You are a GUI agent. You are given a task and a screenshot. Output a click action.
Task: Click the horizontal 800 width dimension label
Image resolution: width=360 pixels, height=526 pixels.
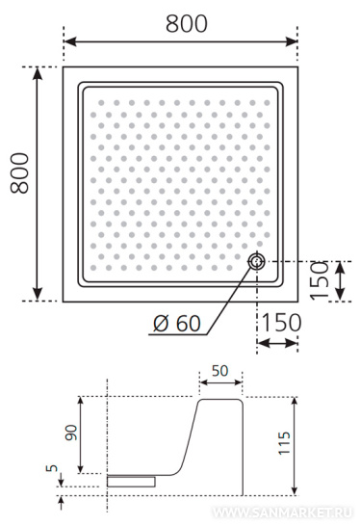(187, 24)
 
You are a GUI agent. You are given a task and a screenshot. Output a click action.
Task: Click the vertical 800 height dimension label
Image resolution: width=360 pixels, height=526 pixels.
(19, 173)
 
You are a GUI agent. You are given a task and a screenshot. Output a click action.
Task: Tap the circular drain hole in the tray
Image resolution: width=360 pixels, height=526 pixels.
(257, 261)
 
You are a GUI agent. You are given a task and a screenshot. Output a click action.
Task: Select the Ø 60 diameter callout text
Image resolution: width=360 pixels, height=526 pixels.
(177, 324)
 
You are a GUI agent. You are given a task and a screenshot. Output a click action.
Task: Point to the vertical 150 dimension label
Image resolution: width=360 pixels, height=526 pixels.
(320, 280)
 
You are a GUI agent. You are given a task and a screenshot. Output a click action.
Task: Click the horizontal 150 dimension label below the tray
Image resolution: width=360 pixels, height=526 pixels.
(281, 323)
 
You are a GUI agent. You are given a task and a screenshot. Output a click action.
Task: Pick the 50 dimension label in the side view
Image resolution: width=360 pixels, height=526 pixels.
(219, 371)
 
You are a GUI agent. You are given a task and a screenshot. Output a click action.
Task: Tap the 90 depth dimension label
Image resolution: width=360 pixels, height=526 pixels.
(71, 433)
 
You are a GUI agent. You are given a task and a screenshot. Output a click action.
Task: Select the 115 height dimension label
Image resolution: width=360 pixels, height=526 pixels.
(284, 443)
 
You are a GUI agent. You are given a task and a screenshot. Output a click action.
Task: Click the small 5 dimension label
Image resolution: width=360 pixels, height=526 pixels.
(52, 468)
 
